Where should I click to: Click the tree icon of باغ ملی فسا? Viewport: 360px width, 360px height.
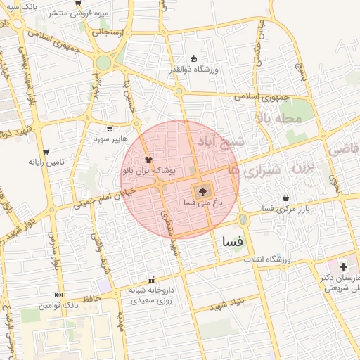point(202,191)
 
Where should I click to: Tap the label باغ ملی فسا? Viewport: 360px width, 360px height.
point(199,202)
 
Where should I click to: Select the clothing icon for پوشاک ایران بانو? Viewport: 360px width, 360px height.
point(148,160)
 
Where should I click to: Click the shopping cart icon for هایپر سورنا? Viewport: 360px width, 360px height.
point(110,129)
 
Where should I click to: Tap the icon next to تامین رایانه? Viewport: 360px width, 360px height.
point(46,151)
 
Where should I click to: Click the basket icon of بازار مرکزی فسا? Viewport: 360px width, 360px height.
point(285,198)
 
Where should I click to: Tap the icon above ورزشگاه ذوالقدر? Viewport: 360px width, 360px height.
point(194,58)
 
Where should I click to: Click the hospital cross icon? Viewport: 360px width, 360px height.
point(343,266)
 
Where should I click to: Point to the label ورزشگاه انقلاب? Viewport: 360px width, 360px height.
point(267,260)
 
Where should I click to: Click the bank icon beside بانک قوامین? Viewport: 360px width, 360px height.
point(58,295)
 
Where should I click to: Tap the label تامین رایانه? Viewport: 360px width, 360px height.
point(46,162)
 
